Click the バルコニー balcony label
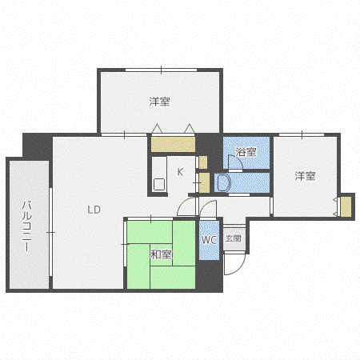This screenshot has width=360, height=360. click(x=26, y=226)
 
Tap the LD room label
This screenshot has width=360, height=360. click(x=94, y=210)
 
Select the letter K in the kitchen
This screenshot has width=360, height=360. click(x=180, y=172)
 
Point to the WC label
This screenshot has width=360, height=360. click(x=209, y=240)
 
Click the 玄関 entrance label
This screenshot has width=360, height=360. click(x=234, y=238)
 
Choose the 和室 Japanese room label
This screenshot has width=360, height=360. click(x=161, y=254)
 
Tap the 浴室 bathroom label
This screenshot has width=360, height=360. click(x=246, y=152)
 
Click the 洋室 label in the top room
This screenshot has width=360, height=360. click(x=159, y=102)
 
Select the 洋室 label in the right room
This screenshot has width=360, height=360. click(x=305, y=176)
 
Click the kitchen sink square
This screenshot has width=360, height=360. click(x=159, y=184)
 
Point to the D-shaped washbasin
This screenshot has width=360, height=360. click(x=223, y=182)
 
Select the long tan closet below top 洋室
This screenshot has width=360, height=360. click(x=173, y=144)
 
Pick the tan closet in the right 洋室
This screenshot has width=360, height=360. click(x=346, y=206)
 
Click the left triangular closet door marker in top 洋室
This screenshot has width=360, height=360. click(x=157, y=129)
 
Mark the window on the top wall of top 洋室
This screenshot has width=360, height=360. click(x=161, y=70)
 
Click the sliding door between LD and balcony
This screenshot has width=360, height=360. click(x=50, y=232)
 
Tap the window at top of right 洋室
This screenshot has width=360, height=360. click(x=302, y=134)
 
